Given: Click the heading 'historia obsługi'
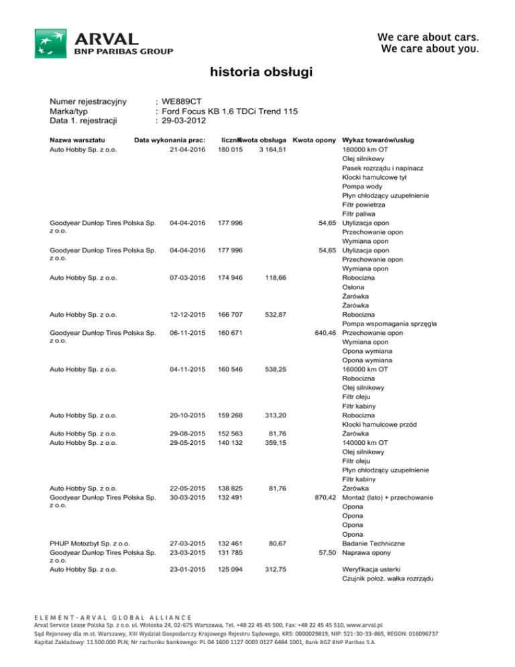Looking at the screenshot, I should [257, 72].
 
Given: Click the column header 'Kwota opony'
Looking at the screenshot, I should [314, 140].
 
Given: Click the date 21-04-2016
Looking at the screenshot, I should [187, 149].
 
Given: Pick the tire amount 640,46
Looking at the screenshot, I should [323, 333].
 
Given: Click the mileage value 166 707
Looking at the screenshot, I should [230, 315].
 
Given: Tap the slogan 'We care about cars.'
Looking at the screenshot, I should [428, 36].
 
